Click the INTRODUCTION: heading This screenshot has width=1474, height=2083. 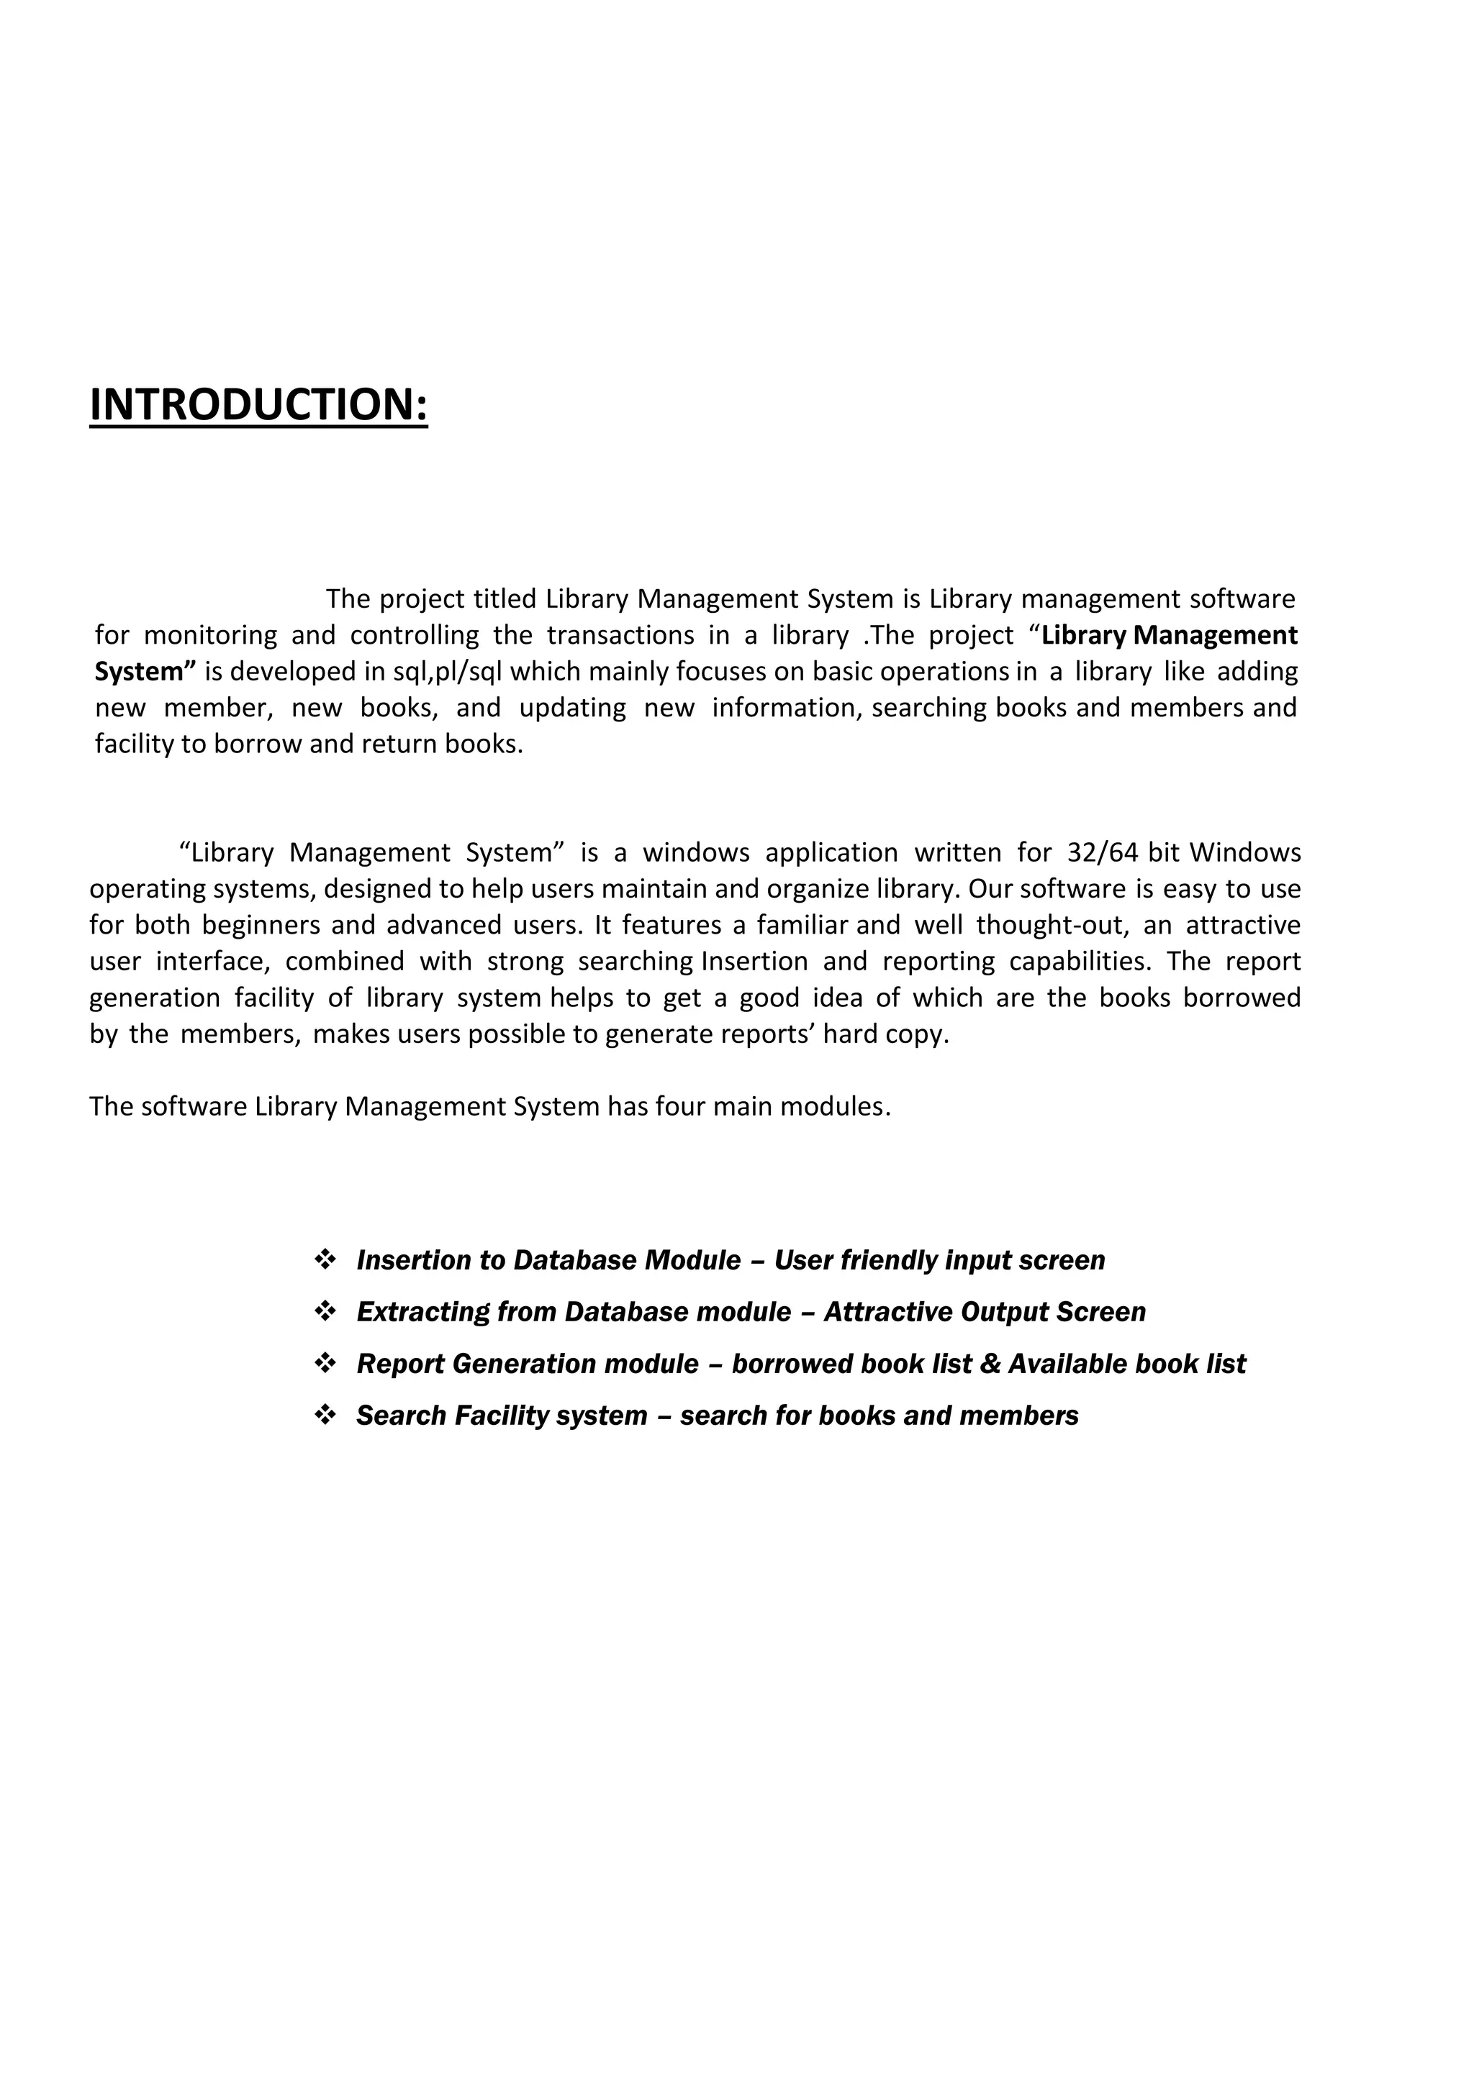coord(258,405)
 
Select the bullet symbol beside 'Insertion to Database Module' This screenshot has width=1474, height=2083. coord(325,1259)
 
